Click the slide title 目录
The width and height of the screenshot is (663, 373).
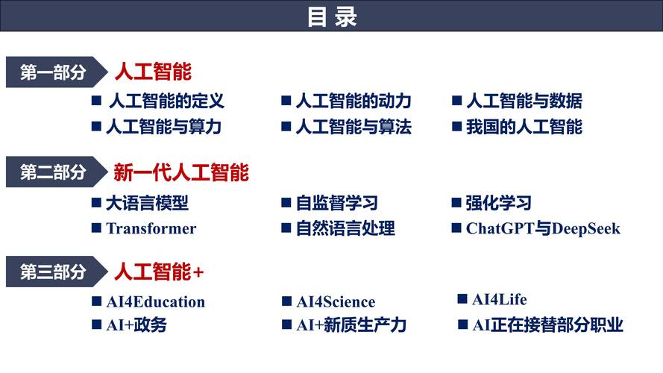pyautogui.click(x=332, y=16)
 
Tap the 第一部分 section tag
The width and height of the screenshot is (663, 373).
pyautogui.click(x=52, y=72)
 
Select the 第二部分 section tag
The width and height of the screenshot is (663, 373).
pyautogui.click(x=52, y=172)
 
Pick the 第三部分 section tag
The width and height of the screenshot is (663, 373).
pyautogui.click(x=52, y=272)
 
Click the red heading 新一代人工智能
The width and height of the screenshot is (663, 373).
pyautogui.click(x=181, y=173)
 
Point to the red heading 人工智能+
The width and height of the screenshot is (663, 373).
pyautogui.click(x=159, y=272)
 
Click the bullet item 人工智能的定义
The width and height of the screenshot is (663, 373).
pyautogui.click(x=166, y=101)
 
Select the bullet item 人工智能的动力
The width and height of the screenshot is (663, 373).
pyautogui.click(x=353, y=101)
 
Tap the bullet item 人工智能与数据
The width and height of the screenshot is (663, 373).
pyautogui.click(x=524, y=101)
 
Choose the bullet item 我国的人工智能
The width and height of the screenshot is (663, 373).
pyautogui.click(x=524, y=127)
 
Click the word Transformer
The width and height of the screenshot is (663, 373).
pyautogui.click(x=151, y=228)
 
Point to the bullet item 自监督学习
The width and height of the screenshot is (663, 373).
pyautogui.click(x=336, y=203)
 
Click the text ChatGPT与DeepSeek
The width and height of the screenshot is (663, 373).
pyautogui.click(x=543, y=228)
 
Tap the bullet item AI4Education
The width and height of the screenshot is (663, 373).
pyautogui.click(x=155, y=302)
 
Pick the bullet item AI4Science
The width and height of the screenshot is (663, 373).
pyautogui.click(x=336, y=302)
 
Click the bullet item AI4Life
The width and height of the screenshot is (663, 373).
pyautogui.click(x=499, y=300)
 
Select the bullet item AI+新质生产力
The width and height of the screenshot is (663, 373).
pyautogui.click(x=351, y=325)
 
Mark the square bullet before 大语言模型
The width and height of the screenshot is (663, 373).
pyautogui.click(x=96, y=202)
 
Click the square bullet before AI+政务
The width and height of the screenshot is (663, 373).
pyautogui.click(x=96, y=325)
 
